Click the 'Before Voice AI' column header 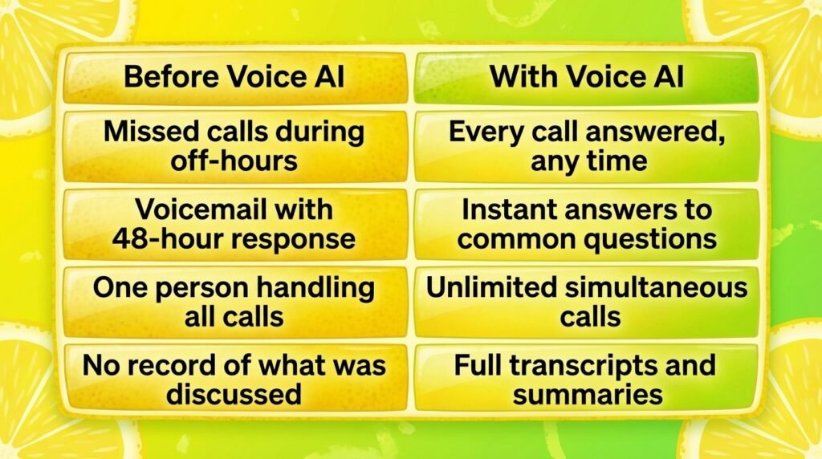(x=235, y=78)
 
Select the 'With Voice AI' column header (x=586, y=78)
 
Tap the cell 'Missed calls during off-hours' (x=235, y=146)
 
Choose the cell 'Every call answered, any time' (x=586, y=146)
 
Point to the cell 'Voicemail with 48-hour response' (x=235, y=224)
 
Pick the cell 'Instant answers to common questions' (x=586, y=224)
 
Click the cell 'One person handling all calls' (x=235, y=302)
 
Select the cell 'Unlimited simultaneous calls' (x=586, y=302)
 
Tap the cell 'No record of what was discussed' (x=235, y=379)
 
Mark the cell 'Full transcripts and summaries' (x=586, y=379)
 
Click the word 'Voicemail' (x=201, y=209)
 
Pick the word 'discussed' (x=234, y=394)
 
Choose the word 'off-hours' (x=234, y=160)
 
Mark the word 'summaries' (x=588, y=394)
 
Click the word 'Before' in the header (x=172, y=76)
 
